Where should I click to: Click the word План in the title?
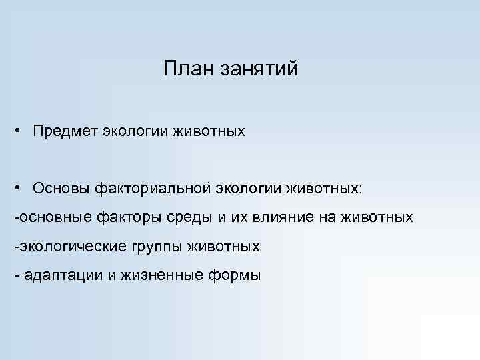pos(187,69)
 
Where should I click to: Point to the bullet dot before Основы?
pos(22,187)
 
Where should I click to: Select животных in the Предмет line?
pos(210,131)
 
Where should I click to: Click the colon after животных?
pos(361,189)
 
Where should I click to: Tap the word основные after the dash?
pos(57,217)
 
